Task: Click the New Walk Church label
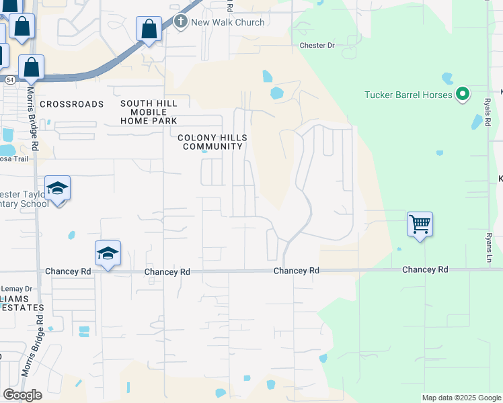[x=227, y=22]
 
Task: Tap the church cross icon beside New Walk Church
[x=180, y=22]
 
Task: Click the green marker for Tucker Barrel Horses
[x=462, y=94]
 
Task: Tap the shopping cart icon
[x=420, y=223]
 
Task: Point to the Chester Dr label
[x=317, y=46]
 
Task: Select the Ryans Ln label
[x=489, y=248]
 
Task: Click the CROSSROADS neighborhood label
[x=72, y=104]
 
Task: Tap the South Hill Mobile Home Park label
[x=149, y=112]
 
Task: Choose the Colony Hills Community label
[x=212, y=142]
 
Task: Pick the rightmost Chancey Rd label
[x=425, y=269]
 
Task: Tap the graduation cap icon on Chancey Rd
[x=108, y=253]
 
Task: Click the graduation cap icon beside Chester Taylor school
[x=58, y=189]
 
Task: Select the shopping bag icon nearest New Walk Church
[x=149, y=30]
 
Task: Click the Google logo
[x=22, y=395]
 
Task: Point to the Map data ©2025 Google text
[x=461, y=398]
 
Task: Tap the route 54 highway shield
[x=10, y=79]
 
